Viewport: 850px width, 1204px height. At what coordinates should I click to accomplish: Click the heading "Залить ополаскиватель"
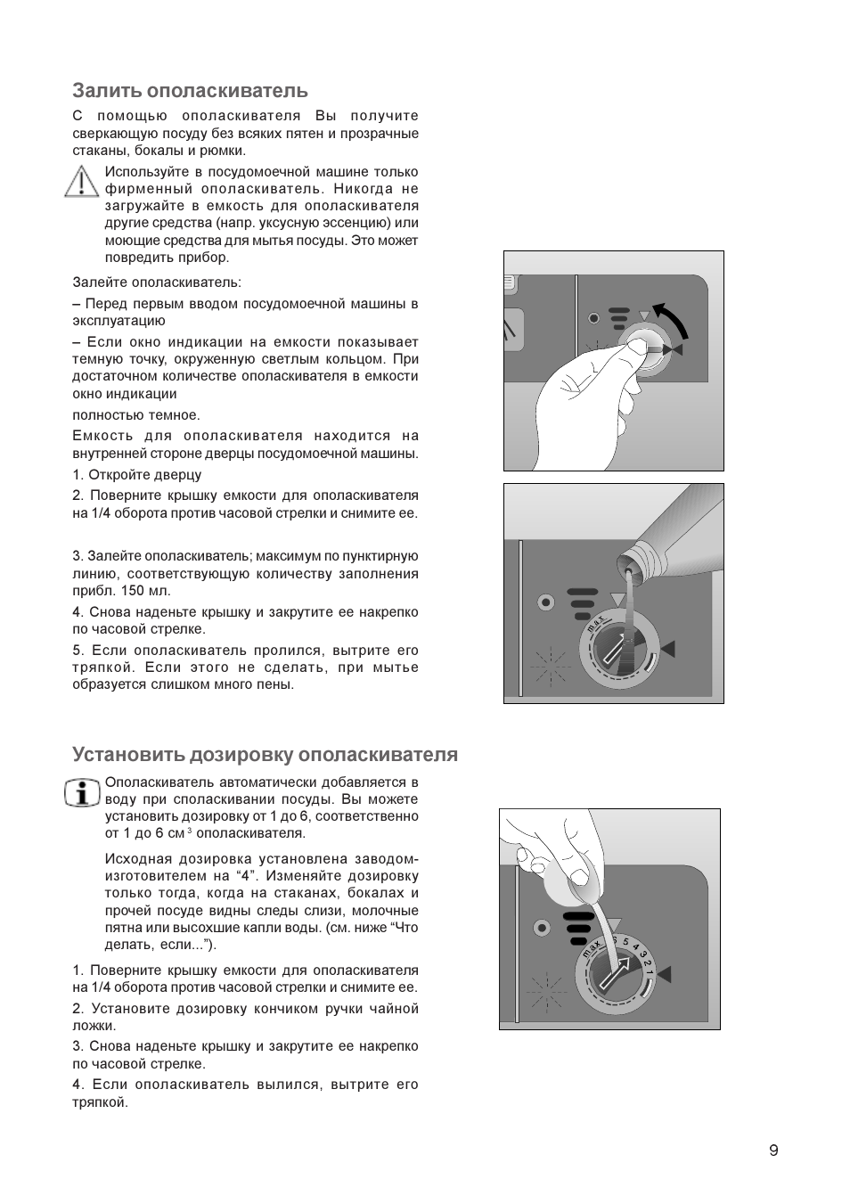coord(190,90)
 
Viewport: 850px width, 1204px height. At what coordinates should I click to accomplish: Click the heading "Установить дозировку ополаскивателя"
coord(265,755)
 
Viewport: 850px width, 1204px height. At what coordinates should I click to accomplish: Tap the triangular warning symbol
coord(81,182)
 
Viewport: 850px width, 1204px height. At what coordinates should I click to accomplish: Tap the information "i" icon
coord(83,791)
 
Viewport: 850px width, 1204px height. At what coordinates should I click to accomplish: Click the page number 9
coord(773,1150)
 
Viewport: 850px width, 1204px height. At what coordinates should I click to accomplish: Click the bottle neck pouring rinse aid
coord(634,561)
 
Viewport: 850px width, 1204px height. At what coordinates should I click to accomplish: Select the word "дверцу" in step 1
coord(178,474)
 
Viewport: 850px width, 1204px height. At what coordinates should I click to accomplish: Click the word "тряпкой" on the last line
coord(100,1102)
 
